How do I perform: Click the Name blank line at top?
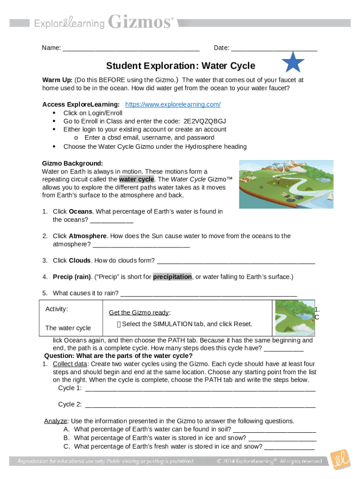(x=131, y=49)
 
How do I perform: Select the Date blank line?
(x=274, y=49)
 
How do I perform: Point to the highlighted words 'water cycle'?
(x=137, y=179)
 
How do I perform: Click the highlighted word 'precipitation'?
(x=172, y=276)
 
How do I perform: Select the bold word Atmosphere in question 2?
(x=87, y=236)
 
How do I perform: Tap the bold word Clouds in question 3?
(x=79, y=261)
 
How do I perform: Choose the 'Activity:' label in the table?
(x=57, y=309)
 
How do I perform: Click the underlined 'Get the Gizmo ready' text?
(x=139, y=313)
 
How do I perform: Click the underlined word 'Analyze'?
(x=56, y=421)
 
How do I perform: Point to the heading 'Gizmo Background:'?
(x=72, y=163)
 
